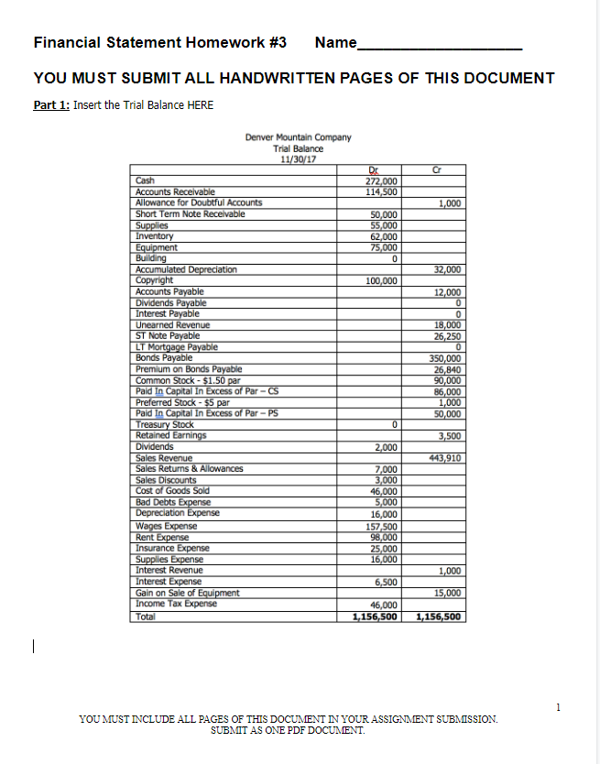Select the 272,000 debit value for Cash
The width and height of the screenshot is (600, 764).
pyautogui.click(x=379, y=181)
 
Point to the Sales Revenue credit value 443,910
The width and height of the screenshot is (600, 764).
pyautogui.click(x=443, y=457)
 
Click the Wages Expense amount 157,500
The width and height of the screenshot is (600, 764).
pyautogui.click(x=379, y=527)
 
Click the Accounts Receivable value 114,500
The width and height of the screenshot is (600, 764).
pyautogui.click(x=379, y=191)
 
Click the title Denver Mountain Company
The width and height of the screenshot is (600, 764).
pyautogui.click(x=298, y=138)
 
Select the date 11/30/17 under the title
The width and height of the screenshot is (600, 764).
pyautogui.click(x=298, y=158)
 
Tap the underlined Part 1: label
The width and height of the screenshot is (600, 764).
pyautogui.click(x=51, y=104)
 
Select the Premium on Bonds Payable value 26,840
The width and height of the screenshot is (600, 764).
pyautogui.click(x=445, y=369)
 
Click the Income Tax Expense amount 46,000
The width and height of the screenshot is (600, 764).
pyautogui.click(x=382, y=605)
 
